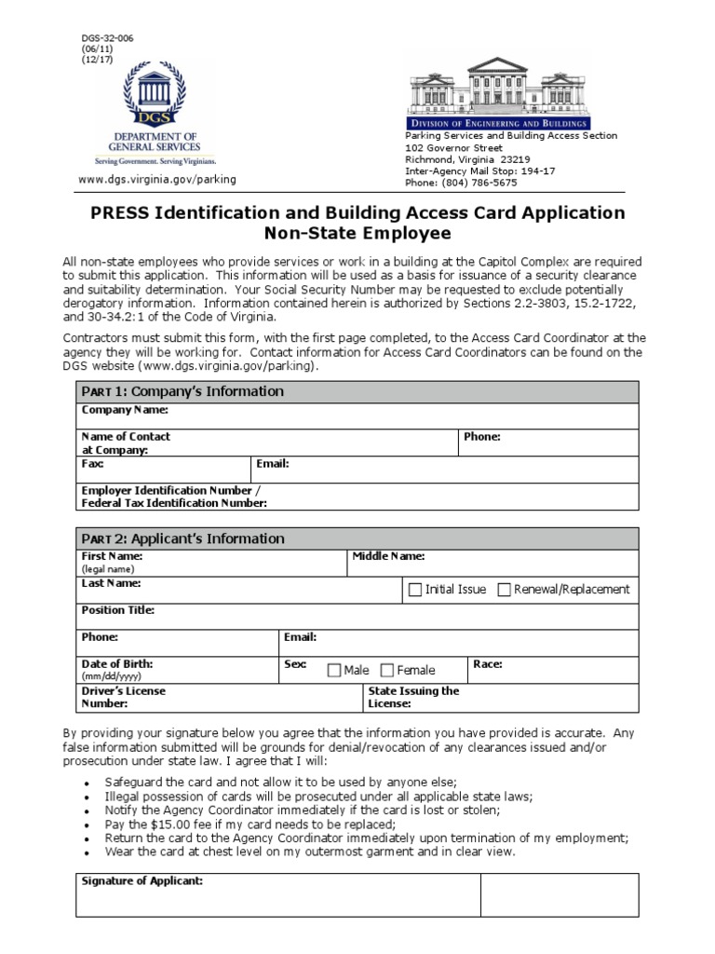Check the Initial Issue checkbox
415,590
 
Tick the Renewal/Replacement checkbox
504,590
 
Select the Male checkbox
334,670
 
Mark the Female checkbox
387,670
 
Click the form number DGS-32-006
108,38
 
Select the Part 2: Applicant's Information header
182,538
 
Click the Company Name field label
125,410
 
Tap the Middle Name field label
388,556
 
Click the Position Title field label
118,610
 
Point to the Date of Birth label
117,664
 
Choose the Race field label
488,664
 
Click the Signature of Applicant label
142,880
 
